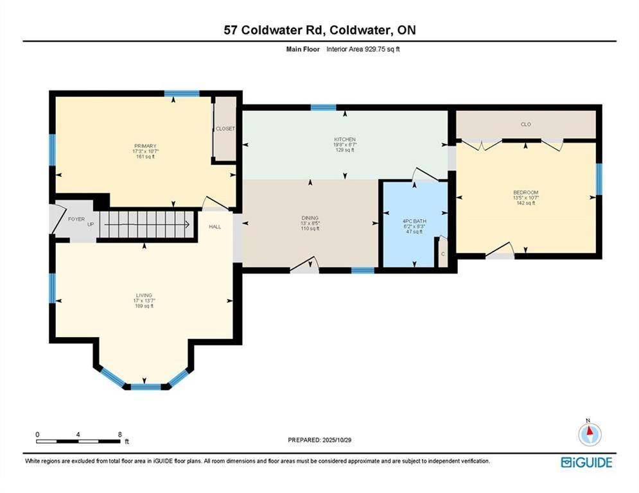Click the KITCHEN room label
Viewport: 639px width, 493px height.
[345, 139]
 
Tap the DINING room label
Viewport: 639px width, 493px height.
[310, 218]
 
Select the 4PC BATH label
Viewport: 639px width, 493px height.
[414, 221]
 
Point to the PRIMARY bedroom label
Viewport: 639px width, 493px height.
[146, 146]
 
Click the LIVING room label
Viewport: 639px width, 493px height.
[144, 295]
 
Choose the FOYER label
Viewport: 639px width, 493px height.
[76, 219]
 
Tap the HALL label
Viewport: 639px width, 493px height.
[215, 227]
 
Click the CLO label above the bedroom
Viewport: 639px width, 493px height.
[526, 125]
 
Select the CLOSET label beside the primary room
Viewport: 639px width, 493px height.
[225, 129]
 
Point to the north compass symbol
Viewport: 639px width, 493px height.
[590, 433]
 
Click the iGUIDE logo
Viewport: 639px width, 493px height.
[586, 462]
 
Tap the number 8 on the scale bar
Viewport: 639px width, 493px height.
[120, 435]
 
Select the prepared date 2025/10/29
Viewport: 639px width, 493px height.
[337, 440]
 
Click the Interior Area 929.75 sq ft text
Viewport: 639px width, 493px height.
[363, 49]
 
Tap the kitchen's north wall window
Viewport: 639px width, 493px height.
[323, 108]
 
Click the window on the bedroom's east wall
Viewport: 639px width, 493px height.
[599, 179]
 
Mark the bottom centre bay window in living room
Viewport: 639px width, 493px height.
[146, 386]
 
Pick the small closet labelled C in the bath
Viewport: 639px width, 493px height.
[443, 252]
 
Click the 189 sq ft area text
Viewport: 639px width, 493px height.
[144, 306]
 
